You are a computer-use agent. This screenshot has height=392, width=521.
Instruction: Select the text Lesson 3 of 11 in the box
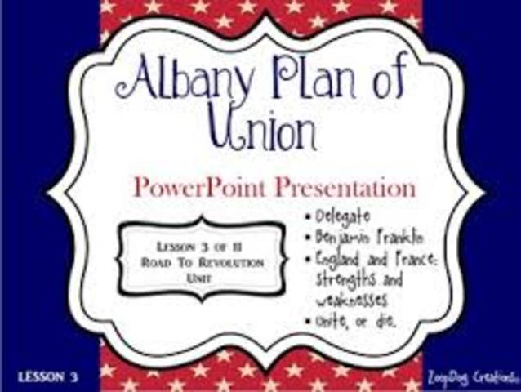[199, 247]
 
